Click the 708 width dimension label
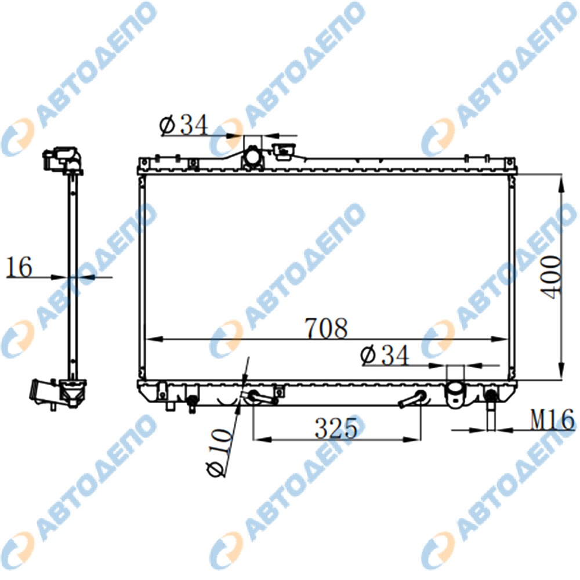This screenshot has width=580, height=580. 326,328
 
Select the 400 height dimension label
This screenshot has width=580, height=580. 551,277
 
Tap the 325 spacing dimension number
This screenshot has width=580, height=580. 336,429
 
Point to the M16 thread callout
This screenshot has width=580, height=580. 552,419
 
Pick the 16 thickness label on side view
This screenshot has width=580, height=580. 19,267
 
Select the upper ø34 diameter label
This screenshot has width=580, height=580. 184,125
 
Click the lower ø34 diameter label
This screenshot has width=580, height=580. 385,355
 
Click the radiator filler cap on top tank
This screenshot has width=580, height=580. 284,152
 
